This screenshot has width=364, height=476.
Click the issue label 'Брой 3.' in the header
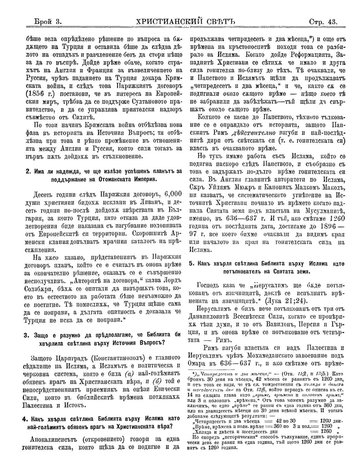(x=47, y=22)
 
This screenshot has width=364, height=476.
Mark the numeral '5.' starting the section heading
(x=192, y=264)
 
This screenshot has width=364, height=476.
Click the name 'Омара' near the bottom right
(x=200, y=363)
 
